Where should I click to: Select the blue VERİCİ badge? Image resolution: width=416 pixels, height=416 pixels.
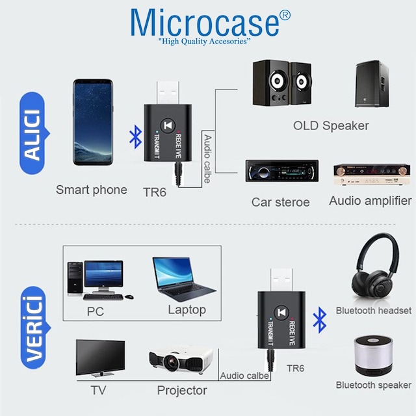click(x=34, y=328)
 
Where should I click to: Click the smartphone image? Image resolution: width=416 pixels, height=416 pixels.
click(x=93, y=122)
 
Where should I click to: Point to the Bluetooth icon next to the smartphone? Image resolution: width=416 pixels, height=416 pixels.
click(x=136, y=136)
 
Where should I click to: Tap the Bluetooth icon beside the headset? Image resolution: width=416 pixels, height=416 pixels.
click(x=320, y=320)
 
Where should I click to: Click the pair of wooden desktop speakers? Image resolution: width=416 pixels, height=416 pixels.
click(x=282, y=83)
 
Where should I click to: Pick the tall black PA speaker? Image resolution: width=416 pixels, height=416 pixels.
click(x=372, y=84)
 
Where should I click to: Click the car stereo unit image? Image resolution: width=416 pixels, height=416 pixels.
click(x=281, y=171)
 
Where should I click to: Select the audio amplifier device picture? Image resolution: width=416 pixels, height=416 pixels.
click(x=372, y=174)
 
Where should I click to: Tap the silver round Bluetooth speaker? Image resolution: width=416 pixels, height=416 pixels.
click(x=373, y=356)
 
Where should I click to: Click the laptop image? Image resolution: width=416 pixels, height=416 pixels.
click(x=184, y=279)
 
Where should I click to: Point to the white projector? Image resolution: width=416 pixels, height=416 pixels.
click(x=181, y=359)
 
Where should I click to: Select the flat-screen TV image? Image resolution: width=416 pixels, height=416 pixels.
click(x=100, y=358)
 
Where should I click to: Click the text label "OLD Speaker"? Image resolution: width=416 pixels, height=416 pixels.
click(x=331, y=125)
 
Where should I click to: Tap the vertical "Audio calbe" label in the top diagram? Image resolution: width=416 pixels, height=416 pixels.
click(x=208, y=159)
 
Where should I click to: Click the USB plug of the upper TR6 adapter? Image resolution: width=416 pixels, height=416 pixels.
click(x=168, y=92)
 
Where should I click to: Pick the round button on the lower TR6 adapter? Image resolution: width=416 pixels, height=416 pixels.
click(x=281, y=313)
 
